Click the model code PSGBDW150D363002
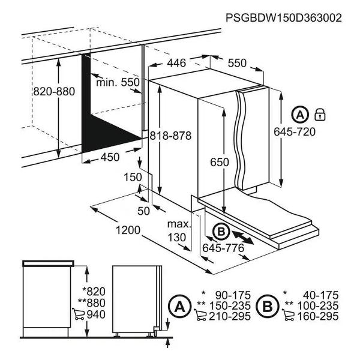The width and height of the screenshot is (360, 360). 284,17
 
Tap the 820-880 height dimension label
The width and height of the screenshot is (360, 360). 54,91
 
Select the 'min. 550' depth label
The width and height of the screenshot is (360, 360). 118,82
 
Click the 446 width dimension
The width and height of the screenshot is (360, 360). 176,63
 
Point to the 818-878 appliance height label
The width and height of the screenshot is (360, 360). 170,136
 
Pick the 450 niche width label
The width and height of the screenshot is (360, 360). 110,157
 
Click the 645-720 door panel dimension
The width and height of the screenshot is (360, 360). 295,132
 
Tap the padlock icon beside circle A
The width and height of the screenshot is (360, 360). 320,115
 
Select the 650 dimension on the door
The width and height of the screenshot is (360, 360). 220,162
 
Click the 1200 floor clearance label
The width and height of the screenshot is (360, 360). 128,230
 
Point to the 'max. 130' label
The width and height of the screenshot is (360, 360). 179,230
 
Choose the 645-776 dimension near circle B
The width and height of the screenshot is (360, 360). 223,248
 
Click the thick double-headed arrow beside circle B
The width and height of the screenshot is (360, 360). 243,238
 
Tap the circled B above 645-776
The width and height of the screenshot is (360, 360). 221,232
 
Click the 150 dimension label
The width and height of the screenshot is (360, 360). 133,177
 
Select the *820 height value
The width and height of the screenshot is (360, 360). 94,292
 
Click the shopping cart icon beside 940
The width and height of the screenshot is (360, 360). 78,314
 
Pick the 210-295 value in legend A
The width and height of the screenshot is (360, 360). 230,316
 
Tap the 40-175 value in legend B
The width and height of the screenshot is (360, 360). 321,295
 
